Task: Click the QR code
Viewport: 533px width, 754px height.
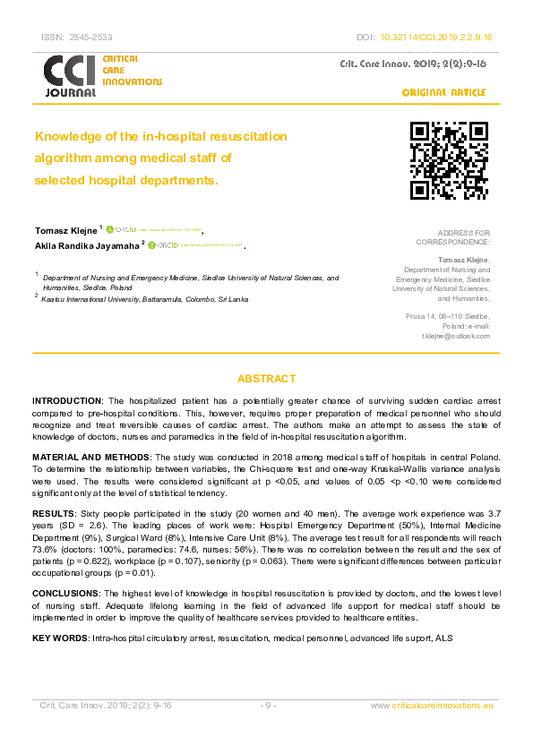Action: [449, 159]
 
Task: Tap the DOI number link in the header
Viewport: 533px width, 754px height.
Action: [443, 38]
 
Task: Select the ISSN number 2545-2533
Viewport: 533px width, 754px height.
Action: [91, 38]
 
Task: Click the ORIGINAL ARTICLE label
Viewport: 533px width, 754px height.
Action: [443, 92]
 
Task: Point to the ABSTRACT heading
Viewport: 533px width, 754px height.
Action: [266, 379]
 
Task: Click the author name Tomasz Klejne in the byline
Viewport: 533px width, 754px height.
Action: [65, 229]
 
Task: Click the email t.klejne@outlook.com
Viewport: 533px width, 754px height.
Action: [456, 336]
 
